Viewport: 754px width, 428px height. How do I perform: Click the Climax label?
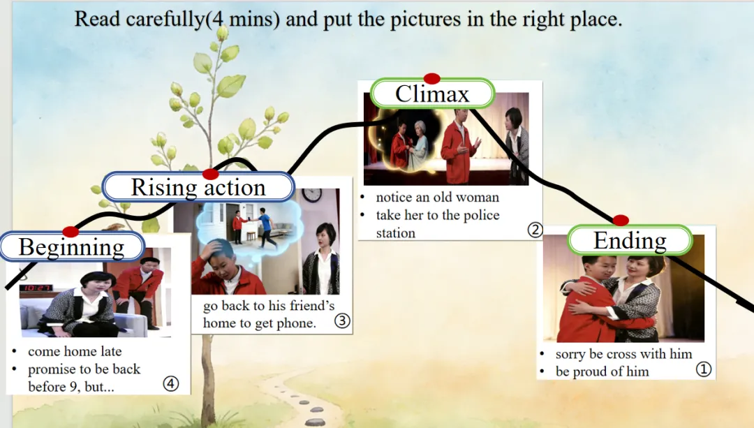(x=432, y=94)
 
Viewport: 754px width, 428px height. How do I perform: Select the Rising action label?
(x=198, y=187)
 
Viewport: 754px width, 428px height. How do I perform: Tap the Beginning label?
(x=72, y=246)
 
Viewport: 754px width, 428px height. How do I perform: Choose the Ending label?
(x=630, y=240)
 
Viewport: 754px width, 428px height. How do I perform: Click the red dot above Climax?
(x=432, y=78)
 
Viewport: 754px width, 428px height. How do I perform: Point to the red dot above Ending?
(x=621, y=220)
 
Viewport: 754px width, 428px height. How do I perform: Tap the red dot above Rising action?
(x=210, y=174)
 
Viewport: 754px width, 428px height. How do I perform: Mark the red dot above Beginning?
(x=71, y=232)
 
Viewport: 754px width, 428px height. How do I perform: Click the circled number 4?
(x=171, y=384)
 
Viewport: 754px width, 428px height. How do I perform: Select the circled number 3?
(x=342, y=320)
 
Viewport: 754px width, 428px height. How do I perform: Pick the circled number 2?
(x=535, y=230)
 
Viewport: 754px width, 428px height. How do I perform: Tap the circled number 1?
(x=704, y=369)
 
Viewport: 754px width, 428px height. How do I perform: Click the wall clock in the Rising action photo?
(x=312, y=194)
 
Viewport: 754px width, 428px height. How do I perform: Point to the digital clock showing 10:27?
(x=36, y=288)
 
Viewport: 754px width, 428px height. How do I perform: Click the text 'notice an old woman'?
(x=438, y=197)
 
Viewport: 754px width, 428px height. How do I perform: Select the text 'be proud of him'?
(x=602, y=371)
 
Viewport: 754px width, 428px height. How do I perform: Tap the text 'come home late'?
(x=75, y=351)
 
